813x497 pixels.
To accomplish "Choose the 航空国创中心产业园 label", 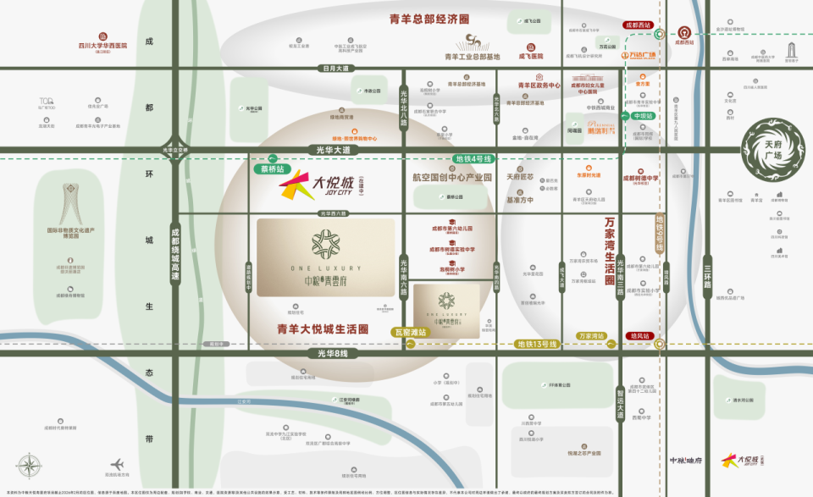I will coord(452,178).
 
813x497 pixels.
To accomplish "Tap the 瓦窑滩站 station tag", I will coord(410,333).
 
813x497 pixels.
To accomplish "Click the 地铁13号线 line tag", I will coord(537,344).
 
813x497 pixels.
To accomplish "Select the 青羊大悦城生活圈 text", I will coord(323,329).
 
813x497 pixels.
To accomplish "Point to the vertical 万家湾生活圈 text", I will coord(610,249).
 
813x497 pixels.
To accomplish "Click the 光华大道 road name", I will coord(333,150).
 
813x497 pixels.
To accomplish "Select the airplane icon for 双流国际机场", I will coord(117,464).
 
